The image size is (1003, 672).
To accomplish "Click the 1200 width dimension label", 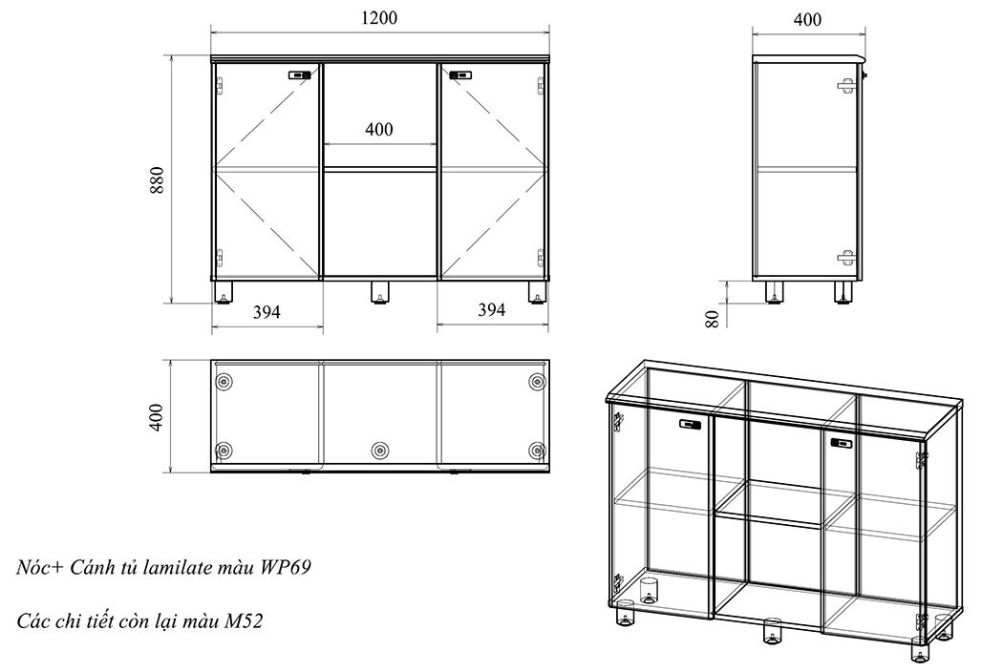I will [x=379, y=18].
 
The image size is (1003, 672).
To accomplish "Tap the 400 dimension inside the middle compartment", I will [x=379, y=130].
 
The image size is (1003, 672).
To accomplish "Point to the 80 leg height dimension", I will [x=712, y=318].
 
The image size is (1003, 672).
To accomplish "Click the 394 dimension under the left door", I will [x=267, y=311].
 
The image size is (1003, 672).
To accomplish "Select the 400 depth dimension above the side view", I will [x=807, y=19].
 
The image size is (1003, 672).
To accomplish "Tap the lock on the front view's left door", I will [x=301, y=74].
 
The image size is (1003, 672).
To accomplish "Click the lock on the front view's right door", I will [x=460, y=74].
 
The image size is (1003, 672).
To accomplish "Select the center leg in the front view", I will [x=380, y=292].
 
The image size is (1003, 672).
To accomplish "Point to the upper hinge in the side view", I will [x=845, y=85].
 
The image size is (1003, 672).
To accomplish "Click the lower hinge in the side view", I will [x=845, y=257].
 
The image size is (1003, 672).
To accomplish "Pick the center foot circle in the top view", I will [x=380, y=450].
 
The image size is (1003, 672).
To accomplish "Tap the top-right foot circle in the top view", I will [x=536, y=382].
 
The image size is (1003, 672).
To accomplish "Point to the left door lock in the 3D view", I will [x=689, y=424].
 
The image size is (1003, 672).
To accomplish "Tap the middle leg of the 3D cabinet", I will [x=772, y=631].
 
